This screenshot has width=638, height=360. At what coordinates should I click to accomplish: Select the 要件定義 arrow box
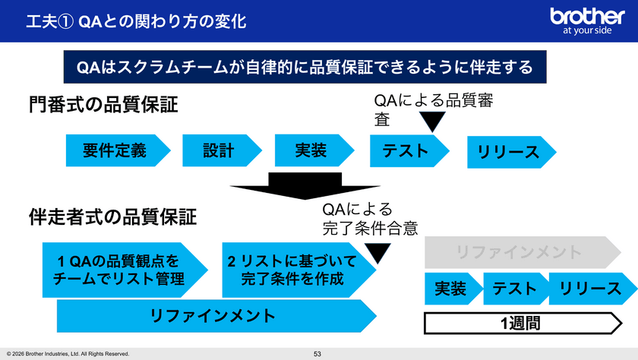point(115,150)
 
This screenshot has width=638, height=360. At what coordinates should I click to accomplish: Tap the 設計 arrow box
point(219,150)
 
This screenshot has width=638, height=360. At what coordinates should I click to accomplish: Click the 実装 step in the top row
point(311,150)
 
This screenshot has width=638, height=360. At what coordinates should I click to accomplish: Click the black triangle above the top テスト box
point(433,122)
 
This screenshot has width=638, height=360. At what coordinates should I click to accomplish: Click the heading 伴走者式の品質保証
point(112,218)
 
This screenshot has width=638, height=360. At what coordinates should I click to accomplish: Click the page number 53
point(318,353)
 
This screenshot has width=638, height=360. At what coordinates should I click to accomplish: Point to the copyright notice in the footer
point(68,353)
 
